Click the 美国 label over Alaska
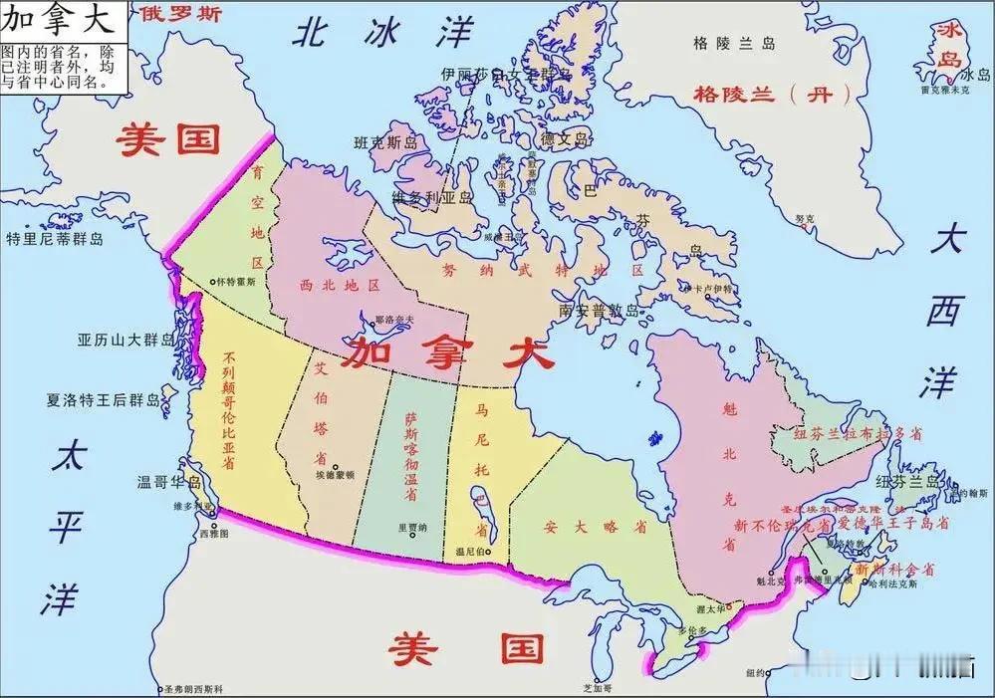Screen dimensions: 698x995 click(x=167, y=139)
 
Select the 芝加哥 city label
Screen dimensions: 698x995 click(x=596, y=688)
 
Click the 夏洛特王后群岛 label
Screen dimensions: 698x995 click(x=103, y=401)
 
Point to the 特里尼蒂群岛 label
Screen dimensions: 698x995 click(x=55, y=239)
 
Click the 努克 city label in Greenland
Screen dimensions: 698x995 click(x=804, y=218)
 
